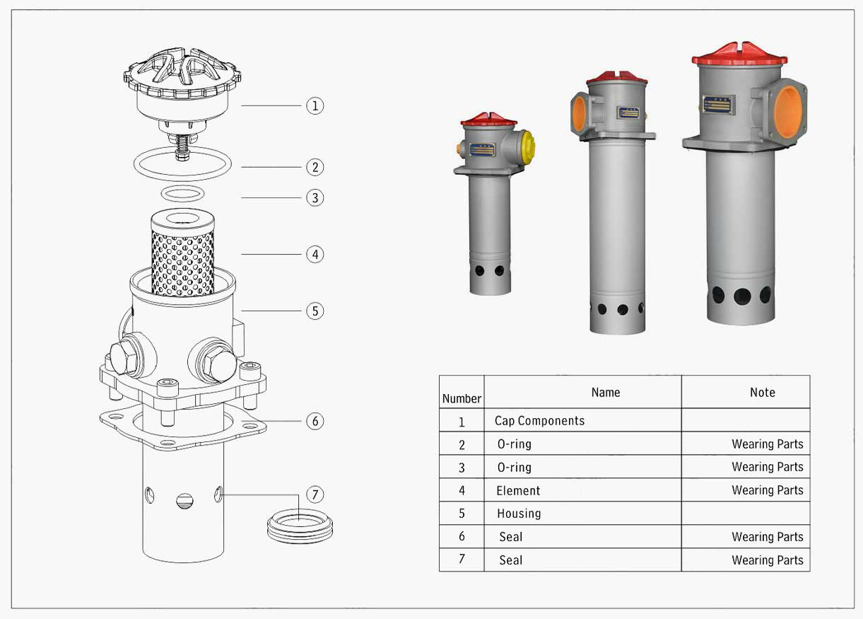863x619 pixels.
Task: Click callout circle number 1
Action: coord(315,105)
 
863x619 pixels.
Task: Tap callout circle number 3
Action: coord(315,197)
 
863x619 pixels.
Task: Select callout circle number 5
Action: coord(315,311)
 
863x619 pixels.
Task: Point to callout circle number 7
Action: coord(315,494)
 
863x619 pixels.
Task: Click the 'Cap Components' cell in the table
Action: coord(539,421)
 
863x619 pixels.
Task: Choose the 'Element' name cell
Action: coord(518,490)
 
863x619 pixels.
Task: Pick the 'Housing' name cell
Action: coord(519,514)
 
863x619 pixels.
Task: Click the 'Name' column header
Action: coord(606,393)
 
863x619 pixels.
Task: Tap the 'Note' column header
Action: coord(763,393)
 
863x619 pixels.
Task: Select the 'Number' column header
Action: coord(462,398)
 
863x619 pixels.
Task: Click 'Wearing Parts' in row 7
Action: coord(768,560)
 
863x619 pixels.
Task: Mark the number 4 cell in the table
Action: coord(462,490)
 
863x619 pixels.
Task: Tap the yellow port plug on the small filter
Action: coord(528,146)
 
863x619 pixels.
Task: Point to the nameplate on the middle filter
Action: coord(628,112)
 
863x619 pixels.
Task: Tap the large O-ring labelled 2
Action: coord(182,164)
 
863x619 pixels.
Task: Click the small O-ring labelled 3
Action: coord(183,193)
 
